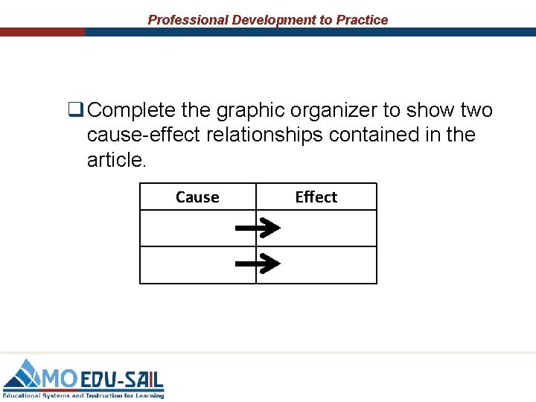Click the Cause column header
197,197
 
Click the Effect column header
316,197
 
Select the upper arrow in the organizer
258,229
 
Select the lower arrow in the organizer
258,263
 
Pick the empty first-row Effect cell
328,229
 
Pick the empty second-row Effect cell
328,265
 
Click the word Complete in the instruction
132,111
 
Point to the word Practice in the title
362,20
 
